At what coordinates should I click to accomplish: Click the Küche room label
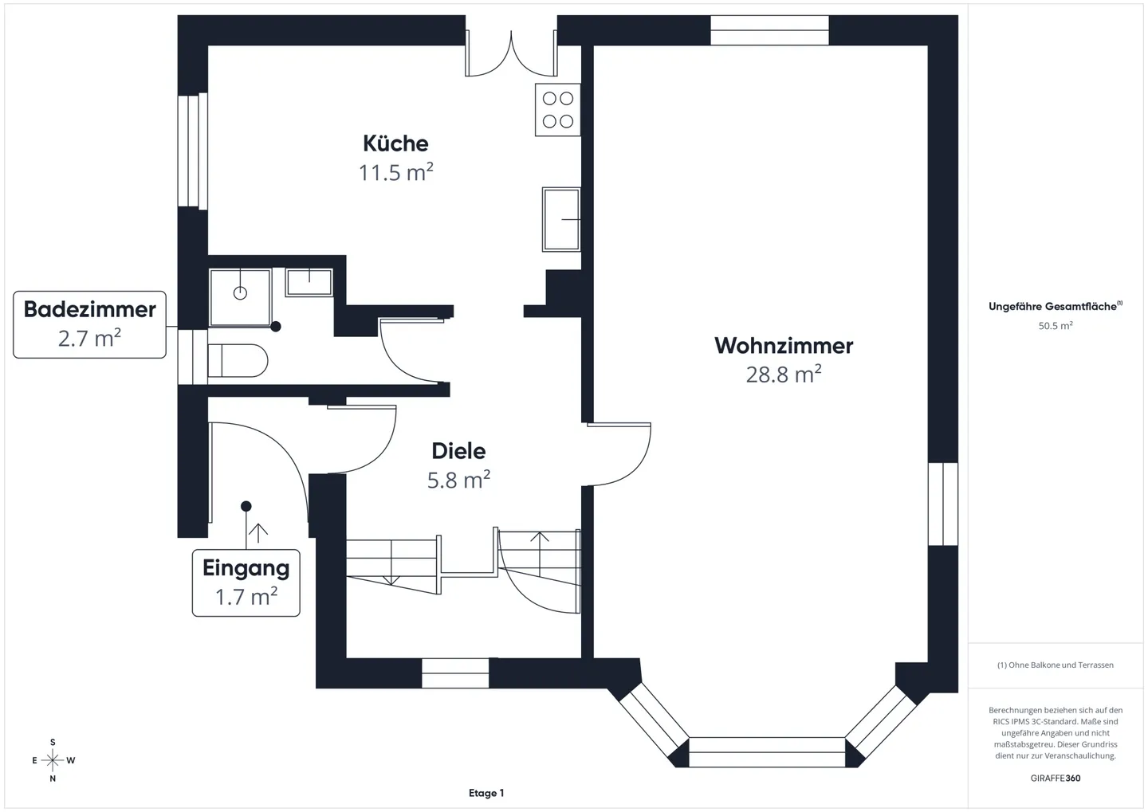(x=395, y=143)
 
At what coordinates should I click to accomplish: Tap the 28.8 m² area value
(x=784, y=375)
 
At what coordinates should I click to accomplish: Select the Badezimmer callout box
(x=89, y=324)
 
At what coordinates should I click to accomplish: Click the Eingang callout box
(x=246, y=583)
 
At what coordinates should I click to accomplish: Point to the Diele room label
(x=458, y=451)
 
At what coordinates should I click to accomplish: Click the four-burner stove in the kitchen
(x=558, y=110)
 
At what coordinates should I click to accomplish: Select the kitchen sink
(x=561, y=219)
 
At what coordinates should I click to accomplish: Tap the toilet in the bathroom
(x=238, y=361)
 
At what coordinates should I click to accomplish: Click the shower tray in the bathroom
(x=240, y=296)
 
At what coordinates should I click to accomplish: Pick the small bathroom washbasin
(x=309, y=282)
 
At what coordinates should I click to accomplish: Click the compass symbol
(x=53, y=760)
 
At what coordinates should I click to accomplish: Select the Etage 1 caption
(x=486, y=793)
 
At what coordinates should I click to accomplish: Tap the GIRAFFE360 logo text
(x=1056, y=778)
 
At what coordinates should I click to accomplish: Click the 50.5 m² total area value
(x=1056, y=326)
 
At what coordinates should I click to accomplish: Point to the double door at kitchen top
(x=511, y=54)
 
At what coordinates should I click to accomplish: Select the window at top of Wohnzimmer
(x=769, y=30)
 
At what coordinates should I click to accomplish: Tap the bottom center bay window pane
(x=766, y=752)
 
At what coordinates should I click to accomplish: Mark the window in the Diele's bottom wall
(x=455, y=673)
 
